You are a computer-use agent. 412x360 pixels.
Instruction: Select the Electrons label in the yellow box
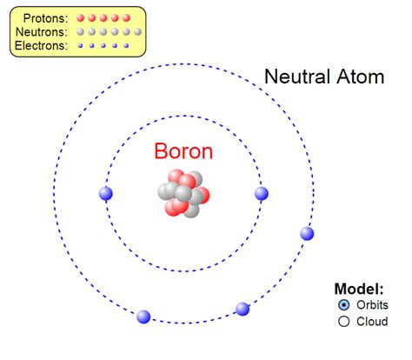click(x=41, y=46)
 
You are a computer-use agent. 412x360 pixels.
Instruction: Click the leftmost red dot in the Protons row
click(x=81, y=17)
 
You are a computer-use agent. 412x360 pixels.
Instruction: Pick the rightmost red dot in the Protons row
click(x=126, y=17)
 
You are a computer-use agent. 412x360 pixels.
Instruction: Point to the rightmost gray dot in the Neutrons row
click(x=137, y=31)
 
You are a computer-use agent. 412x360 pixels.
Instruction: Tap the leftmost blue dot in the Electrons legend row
click(x=81, y=46)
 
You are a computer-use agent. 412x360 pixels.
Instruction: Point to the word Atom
click(x=361, y=77)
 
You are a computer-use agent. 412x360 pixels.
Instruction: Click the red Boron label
click(x=183, y=151)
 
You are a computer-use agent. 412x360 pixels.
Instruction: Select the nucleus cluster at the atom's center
click(x=183, y=195)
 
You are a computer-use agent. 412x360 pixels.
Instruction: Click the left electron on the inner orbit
click(x=106, y=193)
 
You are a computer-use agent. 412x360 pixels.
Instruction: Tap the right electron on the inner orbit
click(x=261, y=193)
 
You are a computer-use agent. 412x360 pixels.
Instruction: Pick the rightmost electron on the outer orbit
click(x=307, y=233)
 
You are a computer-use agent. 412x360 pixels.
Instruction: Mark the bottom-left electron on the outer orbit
click(x=144, y=317)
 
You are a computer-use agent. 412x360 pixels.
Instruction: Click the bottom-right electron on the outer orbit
click(x=243, y=309)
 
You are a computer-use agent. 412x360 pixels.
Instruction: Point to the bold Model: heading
click(x=359, y=289)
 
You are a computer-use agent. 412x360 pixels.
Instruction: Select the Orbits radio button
click(x=343, y=304)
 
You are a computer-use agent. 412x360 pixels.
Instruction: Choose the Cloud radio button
click(x=343, y=321)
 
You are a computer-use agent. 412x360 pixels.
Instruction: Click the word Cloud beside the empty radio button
click(x=372, y=321)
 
